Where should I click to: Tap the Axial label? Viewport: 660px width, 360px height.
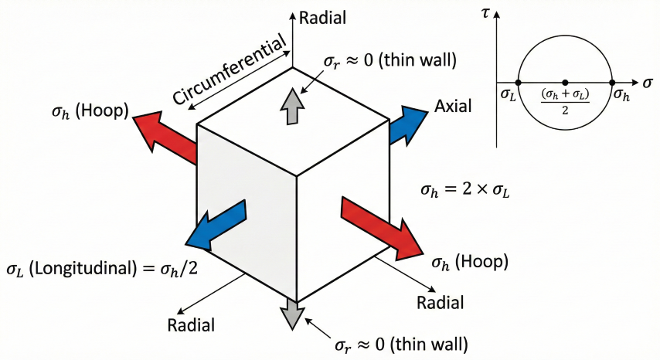click(454, 107)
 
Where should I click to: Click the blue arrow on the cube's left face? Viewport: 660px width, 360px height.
click(216, 222)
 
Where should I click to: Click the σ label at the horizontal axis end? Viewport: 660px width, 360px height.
click(646, 81)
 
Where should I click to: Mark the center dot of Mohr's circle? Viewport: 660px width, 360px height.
click(565, 82)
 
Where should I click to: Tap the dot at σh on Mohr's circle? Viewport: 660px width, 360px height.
click(612, 82)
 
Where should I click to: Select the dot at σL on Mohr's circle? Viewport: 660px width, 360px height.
click(518, 82)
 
